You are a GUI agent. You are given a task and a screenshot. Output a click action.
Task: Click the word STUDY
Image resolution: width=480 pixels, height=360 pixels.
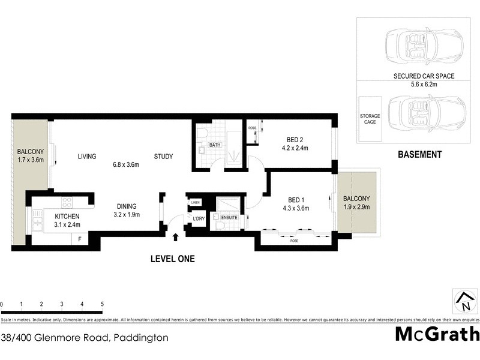[x=163, y=157]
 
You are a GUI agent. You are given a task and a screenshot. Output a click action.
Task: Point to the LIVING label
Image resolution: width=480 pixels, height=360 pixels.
[x=87, y=157]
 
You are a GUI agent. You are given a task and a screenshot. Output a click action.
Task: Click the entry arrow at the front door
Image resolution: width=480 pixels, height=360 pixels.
[x=175, y=238]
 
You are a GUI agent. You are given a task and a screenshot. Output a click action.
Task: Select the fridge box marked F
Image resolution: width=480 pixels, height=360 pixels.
[x=80, y=239]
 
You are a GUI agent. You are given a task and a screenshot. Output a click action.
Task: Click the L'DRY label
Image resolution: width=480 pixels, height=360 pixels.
[x=199, y=219]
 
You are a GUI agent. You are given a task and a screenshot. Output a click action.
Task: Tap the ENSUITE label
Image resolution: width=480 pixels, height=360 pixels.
[x=229, y=217]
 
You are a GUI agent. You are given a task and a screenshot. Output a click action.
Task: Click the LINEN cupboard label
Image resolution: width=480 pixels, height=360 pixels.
[x=195, y=203]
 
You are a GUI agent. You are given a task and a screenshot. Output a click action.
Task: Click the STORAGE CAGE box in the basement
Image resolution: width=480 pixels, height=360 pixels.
[x=368, y=118]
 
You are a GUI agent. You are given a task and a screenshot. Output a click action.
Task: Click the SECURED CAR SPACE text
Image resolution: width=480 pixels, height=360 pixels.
[x=424, y=76]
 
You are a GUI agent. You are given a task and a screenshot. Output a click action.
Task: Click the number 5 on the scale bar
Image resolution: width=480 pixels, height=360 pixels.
[x=102, y=304]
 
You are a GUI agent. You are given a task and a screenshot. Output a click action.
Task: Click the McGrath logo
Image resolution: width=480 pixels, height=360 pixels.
[x=437, y=334]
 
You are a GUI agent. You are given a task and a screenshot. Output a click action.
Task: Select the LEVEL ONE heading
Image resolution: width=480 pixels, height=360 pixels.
[x=173, y=259]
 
